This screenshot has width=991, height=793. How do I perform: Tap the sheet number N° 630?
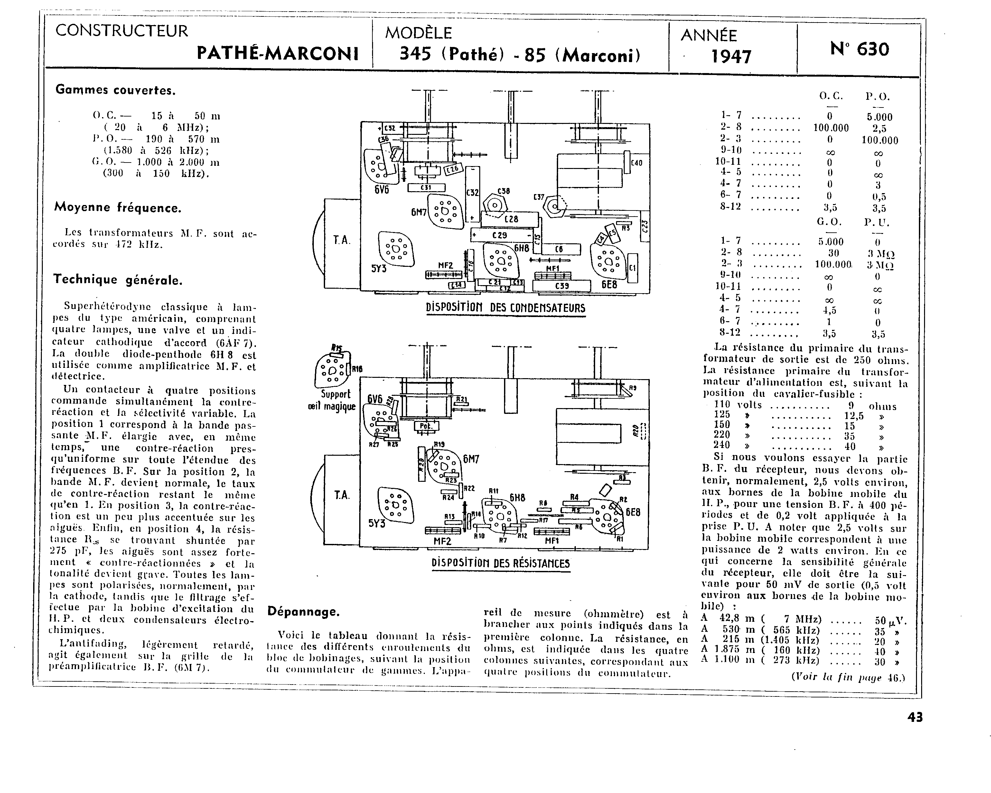click(x=860, y=49)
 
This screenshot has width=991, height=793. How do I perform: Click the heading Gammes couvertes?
click(x=115, y=90)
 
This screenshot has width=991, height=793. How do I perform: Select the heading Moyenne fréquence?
click(x=118, y=208)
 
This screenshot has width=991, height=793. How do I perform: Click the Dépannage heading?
click(x=304, y=612)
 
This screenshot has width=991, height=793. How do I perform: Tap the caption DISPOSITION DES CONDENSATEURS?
click(x=506, y=308)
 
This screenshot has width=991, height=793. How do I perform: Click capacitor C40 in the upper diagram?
click(x=636, y=163)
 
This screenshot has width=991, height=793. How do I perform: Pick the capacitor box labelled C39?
click(x=562, y=286)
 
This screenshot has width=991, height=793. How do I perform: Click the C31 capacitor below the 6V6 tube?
click(x=426, y=188)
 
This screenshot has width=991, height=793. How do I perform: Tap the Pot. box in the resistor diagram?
click(x=426, y=426)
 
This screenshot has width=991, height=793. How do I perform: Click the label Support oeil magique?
click(x=332, y=400)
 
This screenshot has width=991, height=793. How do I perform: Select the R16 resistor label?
click(x=357, y=369)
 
